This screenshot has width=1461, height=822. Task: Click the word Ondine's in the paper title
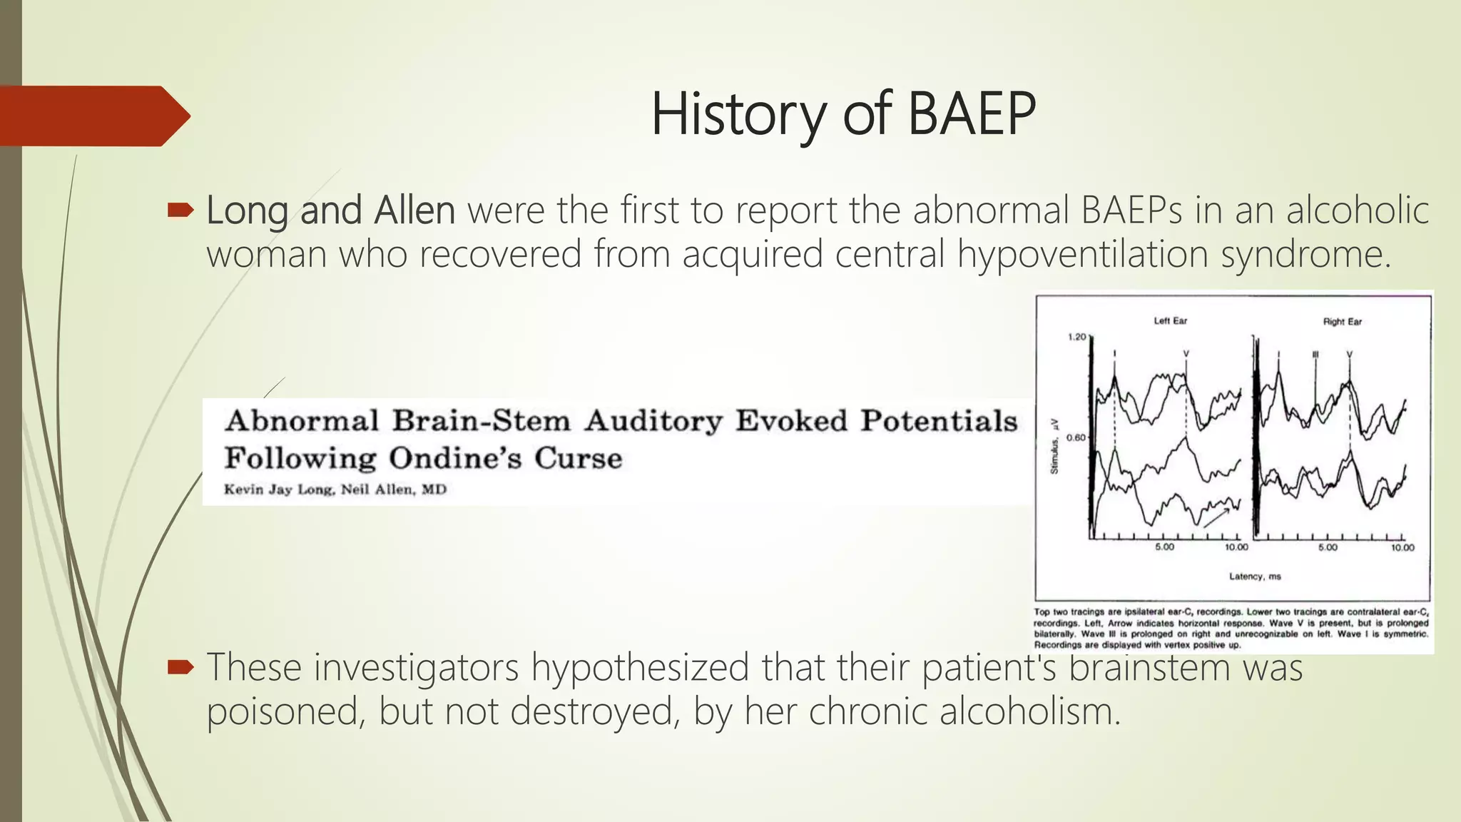(455, 458)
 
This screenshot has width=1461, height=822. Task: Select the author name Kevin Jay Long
(279, 489)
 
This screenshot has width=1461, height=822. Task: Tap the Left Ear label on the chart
(1170, 321)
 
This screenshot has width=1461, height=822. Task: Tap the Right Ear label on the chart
(1342, 322)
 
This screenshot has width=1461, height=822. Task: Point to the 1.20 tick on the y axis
(1076, 337)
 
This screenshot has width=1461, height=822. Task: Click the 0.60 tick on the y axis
(1076, 437)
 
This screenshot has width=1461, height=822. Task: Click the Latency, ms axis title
(1254, 576)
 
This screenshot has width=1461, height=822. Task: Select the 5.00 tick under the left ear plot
(1164, 547)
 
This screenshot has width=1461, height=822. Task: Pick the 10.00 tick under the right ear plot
(1402, 547)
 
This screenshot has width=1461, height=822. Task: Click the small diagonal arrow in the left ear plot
(1217, 517)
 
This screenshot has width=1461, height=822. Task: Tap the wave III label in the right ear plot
(1315, 354)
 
